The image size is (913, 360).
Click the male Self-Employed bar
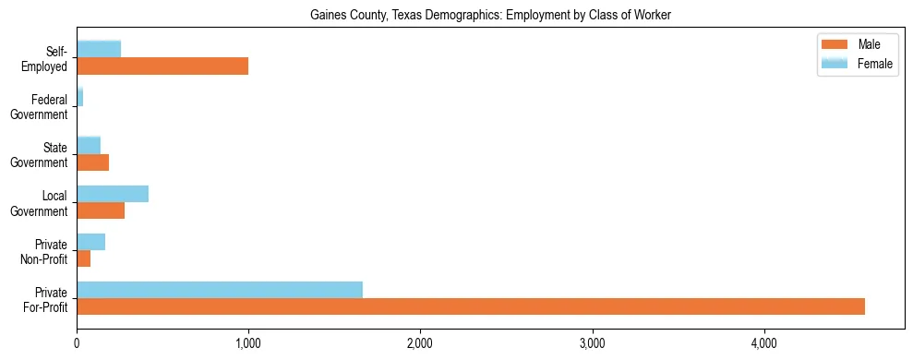162,66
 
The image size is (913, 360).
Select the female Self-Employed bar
99,49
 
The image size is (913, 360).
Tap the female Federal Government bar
80,97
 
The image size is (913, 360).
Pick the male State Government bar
93,162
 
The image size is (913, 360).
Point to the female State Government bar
89,145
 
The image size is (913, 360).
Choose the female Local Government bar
113,193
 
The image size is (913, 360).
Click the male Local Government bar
101,210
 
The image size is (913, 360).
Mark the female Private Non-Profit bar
91,242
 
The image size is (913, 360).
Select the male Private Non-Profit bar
84,258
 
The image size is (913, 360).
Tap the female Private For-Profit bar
220,290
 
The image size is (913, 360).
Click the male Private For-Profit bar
471,306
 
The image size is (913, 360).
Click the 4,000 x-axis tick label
763,342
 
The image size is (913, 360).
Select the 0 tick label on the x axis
77,342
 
